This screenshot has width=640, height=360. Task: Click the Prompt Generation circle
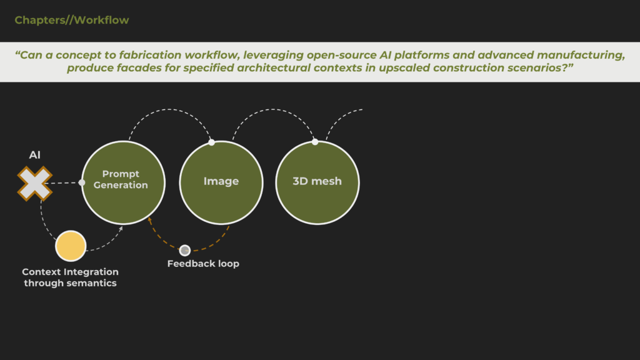[x=123, y=182]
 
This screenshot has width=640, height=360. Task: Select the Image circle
[x=221, y=182]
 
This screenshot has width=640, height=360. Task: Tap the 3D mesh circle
[x=317, y=182]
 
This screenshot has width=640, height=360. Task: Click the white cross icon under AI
[x=35, y=184]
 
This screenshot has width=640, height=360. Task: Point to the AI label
[x=35, y=155]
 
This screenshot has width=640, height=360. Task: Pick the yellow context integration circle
[x=71, y=246]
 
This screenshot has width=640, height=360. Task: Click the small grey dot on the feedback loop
[x=185, y=250]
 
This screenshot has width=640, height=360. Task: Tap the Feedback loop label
[x=203, y=264]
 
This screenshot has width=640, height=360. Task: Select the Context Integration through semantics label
[x=70, y=277]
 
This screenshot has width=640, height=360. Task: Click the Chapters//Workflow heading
[x=72, y=20]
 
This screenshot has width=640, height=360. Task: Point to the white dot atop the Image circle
[x=211, y=142]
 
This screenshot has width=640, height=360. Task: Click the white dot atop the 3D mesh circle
[x=315, y=142]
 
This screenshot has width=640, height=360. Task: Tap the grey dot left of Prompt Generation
[x=82, y=182]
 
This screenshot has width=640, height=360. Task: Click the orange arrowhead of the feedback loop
[x=150, y=221]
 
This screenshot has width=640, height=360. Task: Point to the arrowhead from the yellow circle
[x=121, y=229]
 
